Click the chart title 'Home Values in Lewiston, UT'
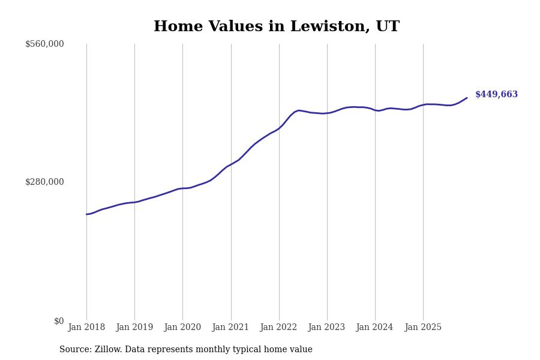tap(276, 27)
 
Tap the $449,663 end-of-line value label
tap(496, 95)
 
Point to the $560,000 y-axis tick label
tap(44, 44)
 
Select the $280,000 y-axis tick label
tap(44, 182)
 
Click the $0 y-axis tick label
tap(59, 321)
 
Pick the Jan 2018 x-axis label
tap(86, 328)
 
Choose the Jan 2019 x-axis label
tap(134, 328)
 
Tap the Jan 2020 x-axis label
tap(182, 328)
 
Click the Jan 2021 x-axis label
tap(231, 328)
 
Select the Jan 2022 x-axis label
tap(279, 328)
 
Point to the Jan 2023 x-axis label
tap(327, 328)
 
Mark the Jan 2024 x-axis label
tap(375, 328)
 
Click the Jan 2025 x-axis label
tap(423, 328)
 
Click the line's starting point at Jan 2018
tap(86, 214)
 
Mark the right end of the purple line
tap(467, 98)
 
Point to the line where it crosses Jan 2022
tap(279, 128)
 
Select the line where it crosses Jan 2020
tap(182, 188)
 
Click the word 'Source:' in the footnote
tap(76, 350)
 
